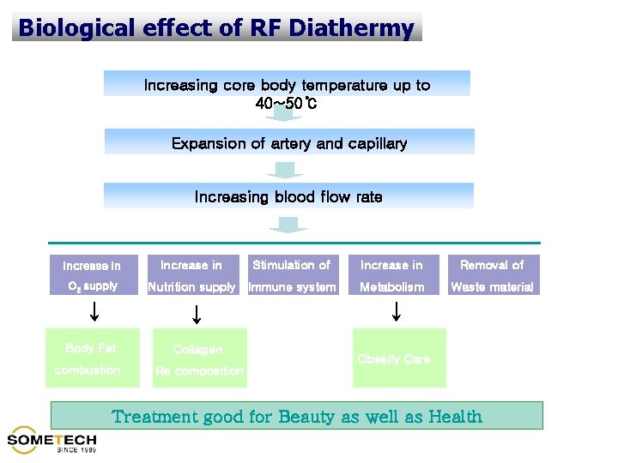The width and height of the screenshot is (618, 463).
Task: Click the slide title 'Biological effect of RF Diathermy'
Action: tap(216, 27)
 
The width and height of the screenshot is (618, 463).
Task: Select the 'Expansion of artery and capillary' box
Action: tap(289, 142)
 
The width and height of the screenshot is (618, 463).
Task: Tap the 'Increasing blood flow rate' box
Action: tap(289, 196)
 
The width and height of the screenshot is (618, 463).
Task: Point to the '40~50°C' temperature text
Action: tap(288, 104)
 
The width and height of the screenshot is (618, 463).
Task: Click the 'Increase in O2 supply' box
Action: tap(93, 275)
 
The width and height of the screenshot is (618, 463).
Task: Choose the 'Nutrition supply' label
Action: tap(191, 287)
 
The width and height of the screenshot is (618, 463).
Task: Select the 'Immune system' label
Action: tap(292, 287)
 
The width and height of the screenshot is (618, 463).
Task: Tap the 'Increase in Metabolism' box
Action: tap(391, 275)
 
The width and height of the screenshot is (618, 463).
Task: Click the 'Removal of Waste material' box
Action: tap(492, 275)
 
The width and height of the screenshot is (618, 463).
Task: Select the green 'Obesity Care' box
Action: tap(398, 358)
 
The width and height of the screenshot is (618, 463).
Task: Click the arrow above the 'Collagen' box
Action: tap(197, 315)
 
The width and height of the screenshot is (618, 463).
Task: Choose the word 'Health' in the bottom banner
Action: tap(455, 418)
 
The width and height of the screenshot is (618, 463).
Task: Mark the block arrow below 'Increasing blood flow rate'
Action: tap(288, 224)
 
